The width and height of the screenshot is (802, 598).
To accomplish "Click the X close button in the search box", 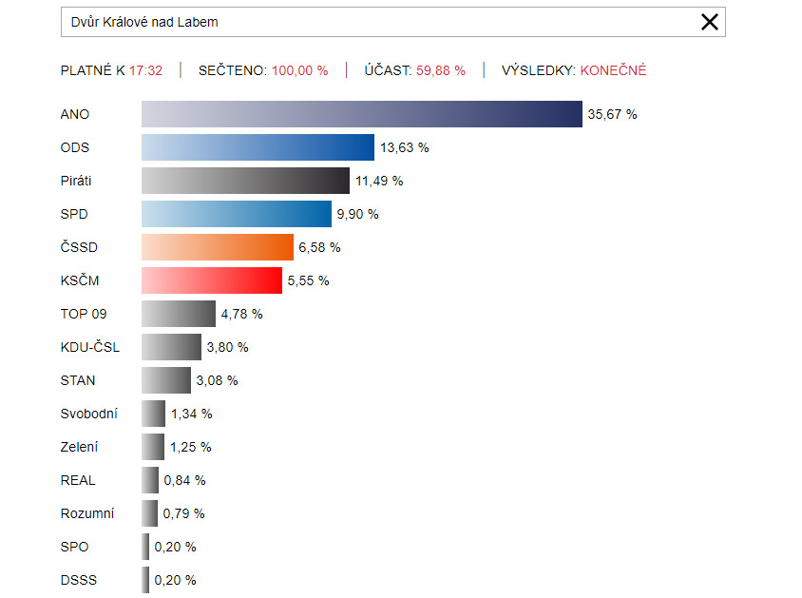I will [709, 22].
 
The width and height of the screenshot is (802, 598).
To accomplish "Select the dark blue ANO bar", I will [361, 114].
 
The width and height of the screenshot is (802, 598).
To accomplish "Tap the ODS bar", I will [258, 147].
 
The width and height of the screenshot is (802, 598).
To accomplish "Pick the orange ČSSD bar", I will [218, 247].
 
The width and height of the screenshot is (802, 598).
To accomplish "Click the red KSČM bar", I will [212, 280].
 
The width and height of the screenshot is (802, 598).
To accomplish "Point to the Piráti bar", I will [245, 181].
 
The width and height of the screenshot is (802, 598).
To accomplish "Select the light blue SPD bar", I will [237, 214].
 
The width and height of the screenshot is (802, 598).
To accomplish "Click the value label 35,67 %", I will [612, 114].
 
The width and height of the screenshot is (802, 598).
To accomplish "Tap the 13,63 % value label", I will [405, 147].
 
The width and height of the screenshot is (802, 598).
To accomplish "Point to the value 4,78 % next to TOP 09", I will [241, 314].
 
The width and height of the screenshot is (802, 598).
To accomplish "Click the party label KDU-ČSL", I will [89, 347].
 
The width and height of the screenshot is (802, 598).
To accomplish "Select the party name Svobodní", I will [88, 414].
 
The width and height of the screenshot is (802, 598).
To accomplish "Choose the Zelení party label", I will [79, 447].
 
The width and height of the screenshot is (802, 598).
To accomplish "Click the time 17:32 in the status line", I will [146, 70].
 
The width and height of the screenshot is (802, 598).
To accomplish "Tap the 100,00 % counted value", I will [299, 70].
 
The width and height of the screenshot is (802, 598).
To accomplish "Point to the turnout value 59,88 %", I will [441, 70].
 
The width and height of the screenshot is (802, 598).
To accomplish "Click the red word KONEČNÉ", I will [613, 70].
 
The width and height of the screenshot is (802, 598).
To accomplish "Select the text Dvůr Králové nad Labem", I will [144, 22].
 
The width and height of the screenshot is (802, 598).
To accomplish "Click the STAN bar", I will [166, 380].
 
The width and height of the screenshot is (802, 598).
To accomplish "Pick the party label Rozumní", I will [86, 513].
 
